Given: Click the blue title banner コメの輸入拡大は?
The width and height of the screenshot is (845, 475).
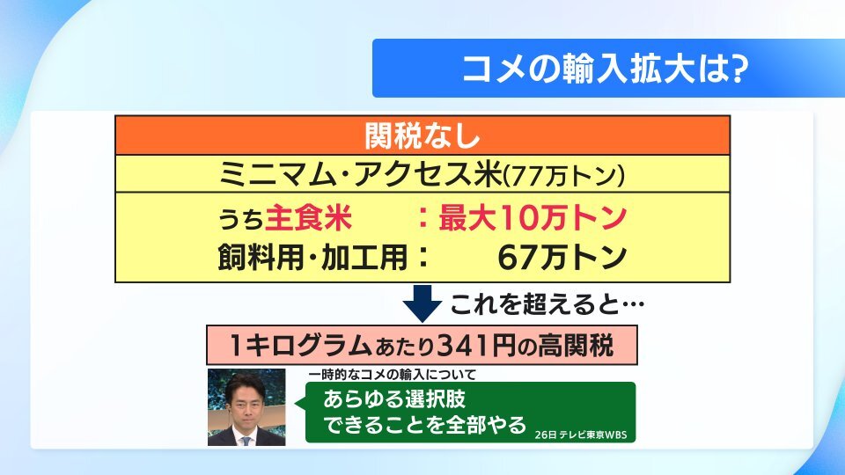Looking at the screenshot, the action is (x=608, y=69).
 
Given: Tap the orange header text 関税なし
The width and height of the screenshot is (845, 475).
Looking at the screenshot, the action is (x=422, y=135).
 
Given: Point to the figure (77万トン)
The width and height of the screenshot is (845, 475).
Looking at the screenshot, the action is (x=564, y=176).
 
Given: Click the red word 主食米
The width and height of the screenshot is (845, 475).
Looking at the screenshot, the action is (x=309, y=217).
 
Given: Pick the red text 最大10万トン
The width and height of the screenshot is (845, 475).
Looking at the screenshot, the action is (x=533, y=217).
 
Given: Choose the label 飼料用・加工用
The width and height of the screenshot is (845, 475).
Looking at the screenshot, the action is (x=313, y=257).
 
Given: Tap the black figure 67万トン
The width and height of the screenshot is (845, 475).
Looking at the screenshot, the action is (x=562, y=258).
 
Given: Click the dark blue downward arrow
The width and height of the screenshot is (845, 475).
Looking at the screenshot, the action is (x=422, y=303).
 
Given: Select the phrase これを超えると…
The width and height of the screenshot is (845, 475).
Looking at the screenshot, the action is (x=547, y=305).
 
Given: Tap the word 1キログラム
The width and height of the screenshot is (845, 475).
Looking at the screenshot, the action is (x=300, y=345).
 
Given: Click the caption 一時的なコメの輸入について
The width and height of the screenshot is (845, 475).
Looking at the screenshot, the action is (x=393, y=375).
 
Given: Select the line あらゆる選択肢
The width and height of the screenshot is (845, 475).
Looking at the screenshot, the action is (x=394, y=399).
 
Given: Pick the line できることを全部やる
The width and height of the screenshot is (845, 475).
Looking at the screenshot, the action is (x=424, y=424).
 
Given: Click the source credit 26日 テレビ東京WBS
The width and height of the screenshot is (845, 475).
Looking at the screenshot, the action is (x=581, y=435).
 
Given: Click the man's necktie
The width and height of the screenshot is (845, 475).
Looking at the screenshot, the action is (x=246, y=440).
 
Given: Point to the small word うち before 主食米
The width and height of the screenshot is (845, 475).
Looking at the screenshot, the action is (x=241, y=220).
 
